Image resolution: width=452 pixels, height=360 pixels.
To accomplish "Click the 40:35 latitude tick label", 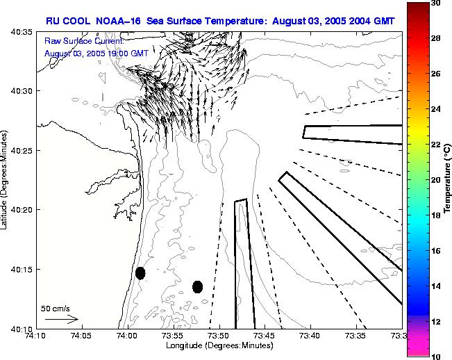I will pos(22,32).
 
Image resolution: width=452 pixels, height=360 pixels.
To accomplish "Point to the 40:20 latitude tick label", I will pos(22,210).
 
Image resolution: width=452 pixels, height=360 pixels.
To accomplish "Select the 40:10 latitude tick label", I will pos(22,329).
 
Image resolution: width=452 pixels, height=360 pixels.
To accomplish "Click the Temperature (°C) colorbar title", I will pos(449,179).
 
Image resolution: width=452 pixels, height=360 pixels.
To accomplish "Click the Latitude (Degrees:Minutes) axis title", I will pos(6,179).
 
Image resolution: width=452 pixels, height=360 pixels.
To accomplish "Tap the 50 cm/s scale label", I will pos(56,308).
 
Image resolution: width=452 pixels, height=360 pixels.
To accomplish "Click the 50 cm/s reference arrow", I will pos(62,319).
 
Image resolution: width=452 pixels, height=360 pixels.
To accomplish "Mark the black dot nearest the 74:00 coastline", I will pos(140,273).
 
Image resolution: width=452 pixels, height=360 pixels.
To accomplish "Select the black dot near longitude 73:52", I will pos(197,286).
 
